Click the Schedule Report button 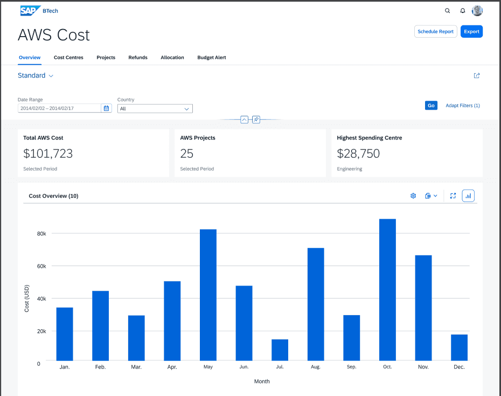coord(435,32)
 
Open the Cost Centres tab coord(68,58)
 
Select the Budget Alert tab coord(211,58)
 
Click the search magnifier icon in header coord(447,11)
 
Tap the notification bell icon coord(462,11)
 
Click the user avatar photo coord(477,11)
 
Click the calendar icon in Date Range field coord(107,108)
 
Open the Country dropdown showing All coord(155,109)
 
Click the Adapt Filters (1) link coord(462,106)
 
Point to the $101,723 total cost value coord(48,154)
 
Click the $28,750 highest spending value coord(358,154)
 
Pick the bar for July coord(280,350)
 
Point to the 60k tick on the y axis coord(41,266)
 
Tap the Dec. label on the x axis coord(459,367)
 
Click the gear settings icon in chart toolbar coord(413,196)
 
